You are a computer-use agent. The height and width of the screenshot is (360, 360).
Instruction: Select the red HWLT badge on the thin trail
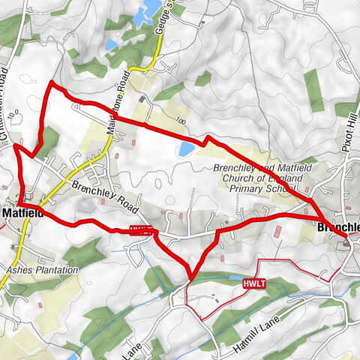point(252,284)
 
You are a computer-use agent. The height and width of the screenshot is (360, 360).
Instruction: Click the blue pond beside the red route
point(184,150)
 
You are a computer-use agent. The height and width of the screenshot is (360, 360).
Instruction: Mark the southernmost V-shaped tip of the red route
point(191,278)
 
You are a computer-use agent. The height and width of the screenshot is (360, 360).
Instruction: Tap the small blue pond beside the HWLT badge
point(225,279)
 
